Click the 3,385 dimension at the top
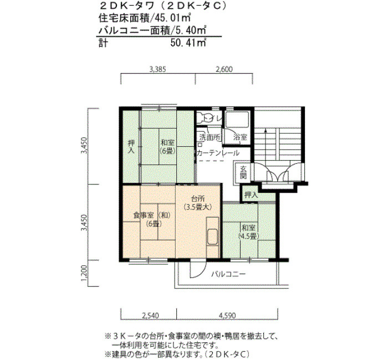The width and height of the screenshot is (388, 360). tap(157, 69)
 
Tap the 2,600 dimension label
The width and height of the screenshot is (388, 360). tap(224, 69)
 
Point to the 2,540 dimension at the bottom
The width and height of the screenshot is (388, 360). tap(150, 316)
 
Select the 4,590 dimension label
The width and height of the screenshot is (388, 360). tap(227, 316)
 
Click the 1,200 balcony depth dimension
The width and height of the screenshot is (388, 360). tap(84, 273)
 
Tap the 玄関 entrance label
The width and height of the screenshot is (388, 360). tap(243, 172)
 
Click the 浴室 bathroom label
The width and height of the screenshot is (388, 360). tap(240, 137)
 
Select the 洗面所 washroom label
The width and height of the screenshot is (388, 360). tap(210, 137)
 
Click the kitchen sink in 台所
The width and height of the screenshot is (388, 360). tap(212, 236)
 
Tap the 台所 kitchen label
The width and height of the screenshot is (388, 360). tap(198, 198)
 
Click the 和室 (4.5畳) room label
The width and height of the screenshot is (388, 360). tap(249, 232)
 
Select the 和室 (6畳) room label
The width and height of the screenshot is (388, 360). tap(167, 147)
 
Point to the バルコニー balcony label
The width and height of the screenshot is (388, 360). tap(228, 274)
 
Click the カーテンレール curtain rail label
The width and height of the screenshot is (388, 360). tap(218, 153)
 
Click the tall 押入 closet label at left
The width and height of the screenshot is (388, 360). tap(131, 147)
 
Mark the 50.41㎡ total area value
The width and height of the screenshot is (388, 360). tap(188, 43)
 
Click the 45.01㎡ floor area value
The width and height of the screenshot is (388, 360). tap(173, 18)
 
